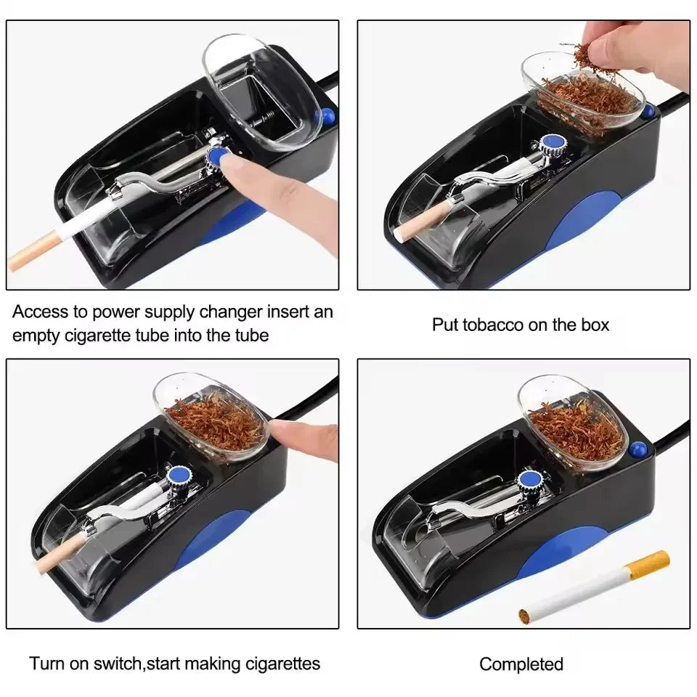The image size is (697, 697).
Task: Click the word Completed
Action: tap(521, 664)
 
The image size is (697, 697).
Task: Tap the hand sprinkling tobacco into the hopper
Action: tap(632, 47)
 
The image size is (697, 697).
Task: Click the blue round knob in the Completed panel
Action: tap(529, 480)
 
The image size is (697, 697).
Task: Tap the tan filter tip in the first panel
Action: tap(33, 256)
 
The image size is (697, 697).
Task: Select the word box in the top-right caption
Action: tap(595, 324)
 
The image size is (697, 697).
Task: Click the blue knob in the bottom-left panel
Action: tap(178, 476)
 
